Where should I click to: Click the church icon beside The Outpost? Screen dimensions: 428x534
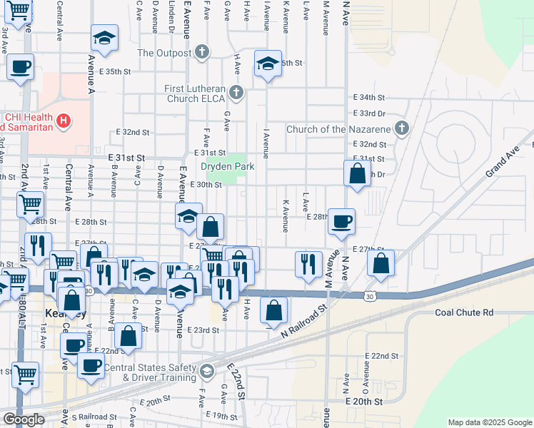coord(203,53)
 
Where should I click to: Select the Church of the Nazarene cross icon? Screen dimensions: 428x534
coord(402,129)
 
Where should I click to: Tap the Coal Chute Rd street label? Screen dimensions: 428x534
coord(464,312)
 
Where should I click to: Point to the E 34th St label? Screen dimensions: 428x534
coord(369,97)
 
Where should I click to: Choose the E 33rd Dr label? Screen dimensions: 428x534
coord(369,113)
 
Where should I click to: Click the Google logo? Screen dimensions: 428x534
coord(24,419)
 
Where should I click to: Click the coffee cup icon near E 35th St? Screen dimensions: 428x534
coord(19,67)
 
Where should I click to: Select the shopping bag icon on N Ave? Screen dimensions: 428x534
coord(357,173)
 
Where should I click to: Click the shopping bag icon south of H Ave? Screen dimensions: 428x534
coord(273,310)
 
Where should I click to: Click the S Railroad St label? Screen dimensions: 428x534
coord(94,417)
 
